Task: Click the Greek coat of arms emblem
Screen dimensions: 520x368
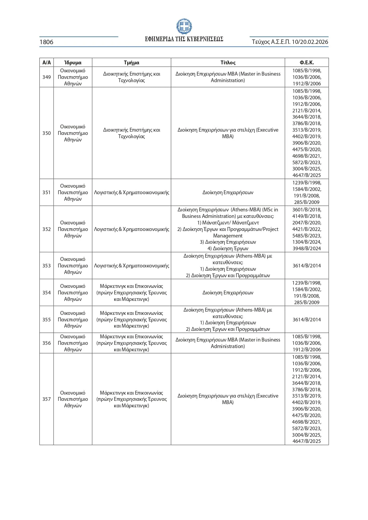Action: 184,26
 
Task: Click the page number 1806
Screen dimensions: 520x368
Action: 47,42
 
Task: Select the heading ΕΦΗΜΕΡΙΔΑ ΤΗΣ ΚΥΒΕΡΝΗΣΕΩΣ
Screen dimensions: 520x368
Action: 184,39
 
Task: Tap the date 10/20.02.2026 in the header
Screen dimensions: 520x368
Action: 310,42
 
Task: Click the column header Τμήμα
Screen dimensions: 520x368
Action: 131,63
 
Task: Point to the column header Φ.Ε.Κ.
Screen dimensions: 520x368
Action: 307,63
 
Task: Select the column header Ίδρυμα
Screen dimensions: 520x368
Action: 73,63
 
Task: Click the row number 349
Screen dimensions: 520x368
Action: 47,77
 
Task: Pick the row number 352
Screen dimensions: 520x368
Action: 47,229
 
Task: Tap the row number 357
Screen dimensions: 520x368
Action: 47,399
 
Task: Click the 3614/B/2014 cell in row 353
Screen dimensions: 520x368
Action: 307,266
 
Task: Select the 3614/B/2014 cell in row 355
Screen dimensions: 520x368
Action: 307,320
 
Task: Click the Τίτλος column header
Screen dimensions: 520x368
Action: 228,63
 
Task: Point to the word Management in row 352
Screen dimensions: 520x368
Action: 228,236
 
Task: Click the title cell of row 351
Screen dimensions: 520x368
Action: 228,192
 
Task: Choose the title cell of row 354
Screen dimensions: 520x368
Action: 228,293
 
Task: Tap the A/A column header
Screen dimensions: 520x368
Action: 47,63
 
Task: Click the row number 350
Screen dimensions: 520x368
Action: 47,133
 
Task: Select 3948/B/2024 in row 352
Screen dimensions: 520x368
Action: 307,248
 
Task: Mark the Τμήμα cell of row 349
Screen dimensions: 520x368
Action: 131,77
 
